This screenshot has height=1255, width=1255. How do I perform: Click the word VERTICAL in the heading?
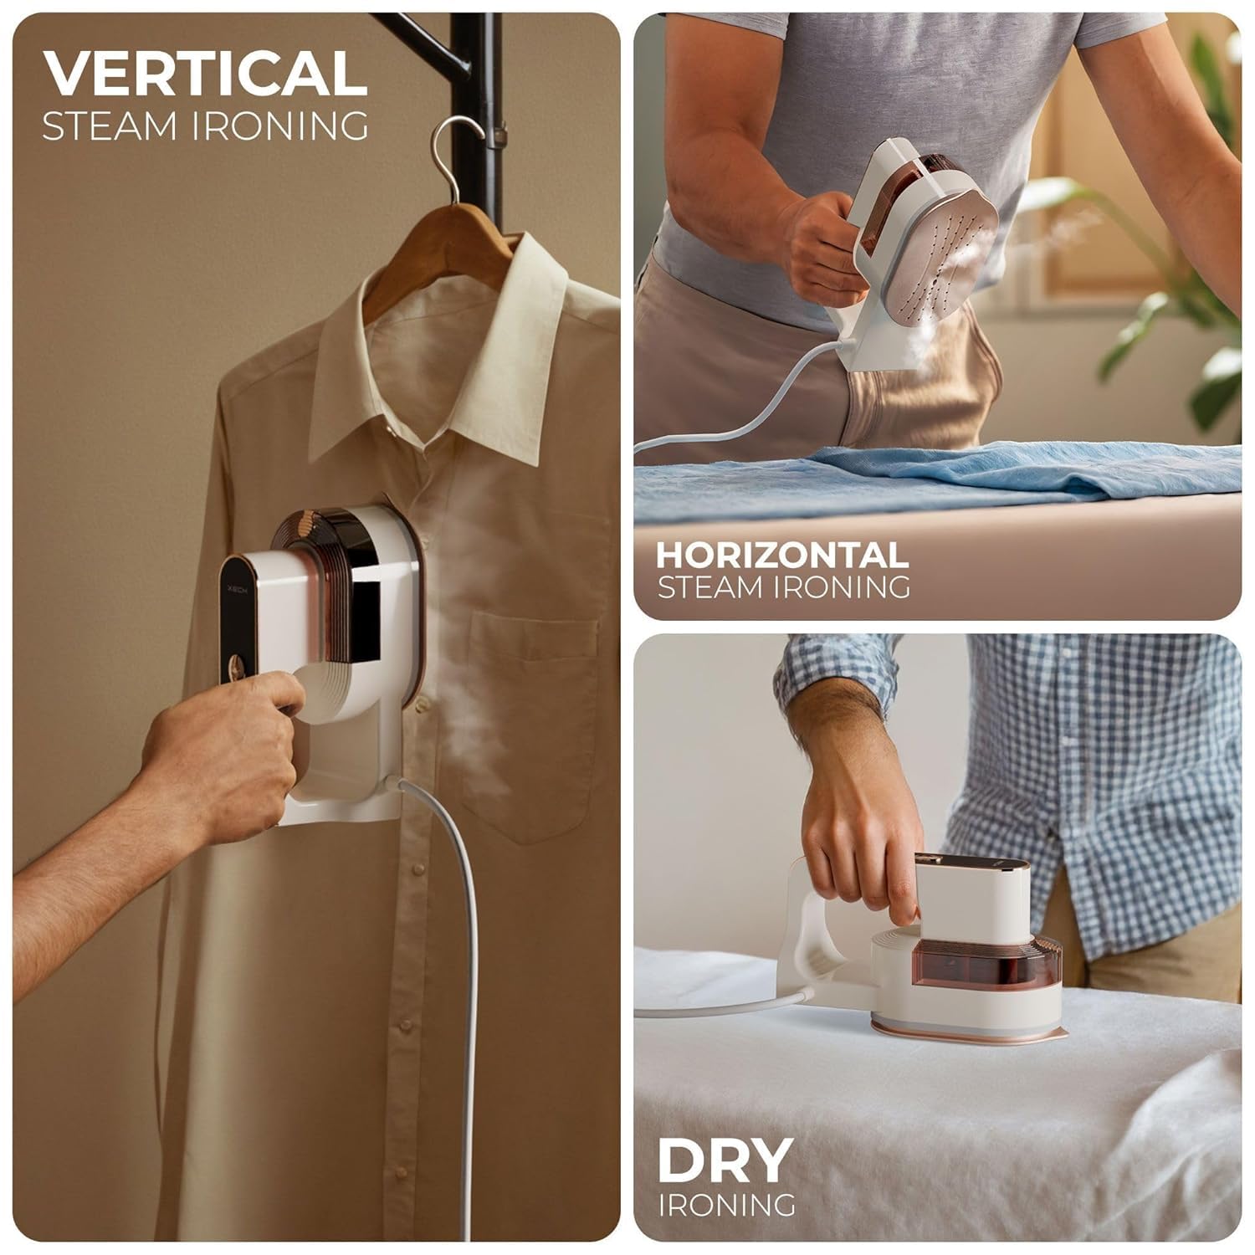point(205,74)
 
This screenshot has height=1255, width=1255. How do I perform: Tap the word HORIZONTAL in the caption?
point(781,556)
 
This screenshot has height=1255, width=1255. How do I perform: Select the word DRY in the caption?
point(725,1160)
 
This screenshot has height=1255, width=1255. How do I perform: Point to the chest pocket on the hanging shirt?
point(535,720)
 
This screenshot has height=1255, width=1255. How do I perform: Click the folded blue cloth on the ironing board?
point(920,477)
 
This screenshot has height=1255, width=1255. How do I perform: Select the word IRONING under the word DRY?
point(726,1205)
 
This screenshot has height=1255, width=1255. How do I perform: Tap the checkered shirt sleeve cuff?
point(828,669)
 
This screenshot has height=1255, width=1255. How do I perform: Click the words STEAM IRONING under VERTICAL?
point(205,125)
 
